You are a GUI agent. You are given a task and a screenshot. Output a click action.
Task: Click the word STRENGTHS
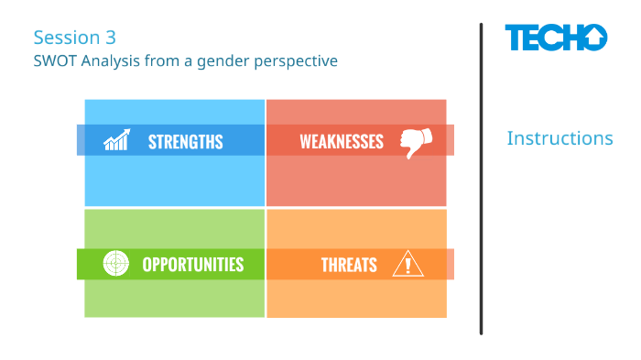(185, 141)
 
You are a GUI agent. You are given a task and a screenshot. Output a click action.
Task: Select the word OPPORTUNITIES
(192, 265)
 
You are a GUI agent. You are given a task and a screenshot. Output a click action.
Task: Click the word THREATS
(349, 265)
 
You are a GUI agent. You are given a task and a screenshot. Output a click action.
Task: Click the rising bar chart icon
(116, 140)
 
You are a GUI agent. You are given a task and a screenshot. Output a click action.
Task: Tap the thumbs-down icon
(415, 142)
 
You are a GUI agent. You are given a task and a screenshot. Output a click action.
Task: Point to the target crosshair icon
(115, 264)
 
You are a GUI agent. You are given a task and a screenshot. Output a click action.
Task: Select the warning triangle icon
(407, 264)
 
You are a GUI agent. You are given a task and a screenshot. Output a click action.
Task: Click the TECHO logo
(555, 38)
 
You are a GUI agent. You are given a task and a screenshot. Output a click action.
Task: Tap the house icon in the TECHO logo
(592, 38)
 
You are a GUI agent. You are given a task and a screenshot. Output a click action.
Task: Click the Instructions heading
(560, 138)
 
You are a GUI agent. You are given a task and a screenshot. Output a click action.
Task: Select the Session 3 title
(74, 38)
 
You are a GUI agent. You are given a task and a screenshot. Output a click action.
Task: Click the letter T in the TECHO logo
(516, 38)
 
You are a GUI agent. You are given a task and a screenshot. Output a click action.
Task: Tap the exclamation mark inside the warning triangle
(407, 266)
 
